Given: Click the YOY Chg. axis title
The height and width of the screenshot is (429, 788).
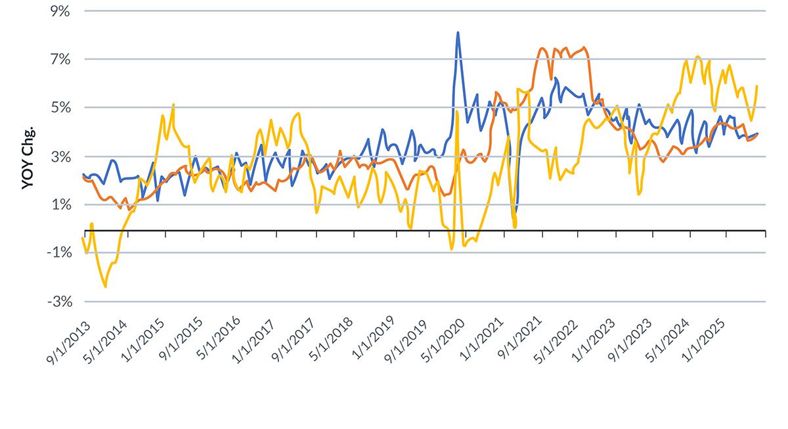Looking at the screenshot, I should [x=27, y=156].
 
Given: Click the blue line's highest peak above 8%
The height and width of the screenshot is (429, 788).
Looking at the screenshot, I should [x=458, y=32].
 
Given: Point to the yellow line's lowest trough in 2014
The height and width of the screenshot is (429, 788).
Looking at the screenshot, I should [x=105, y=286].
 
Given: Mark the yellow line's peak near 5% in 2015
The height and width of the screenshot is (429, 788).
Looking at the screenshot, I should [x=173, y=104].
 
